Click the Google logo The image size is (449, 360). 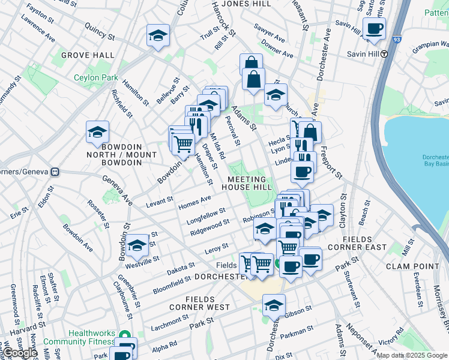[20, 353]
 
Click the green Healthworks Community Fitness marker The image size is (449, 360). [125, 335]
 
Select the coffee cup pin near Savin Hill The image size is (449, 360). [374, 29]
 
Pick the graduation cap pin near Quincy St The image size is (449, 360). [158, 36]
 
